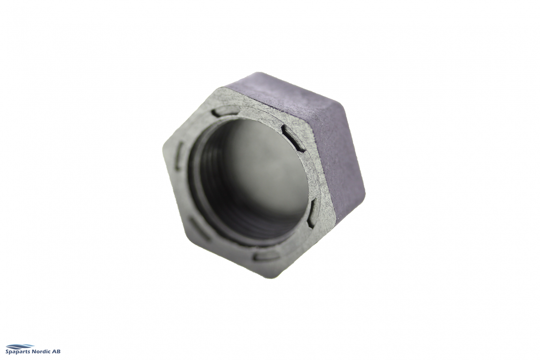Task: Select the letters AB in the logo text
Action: click(57, 351)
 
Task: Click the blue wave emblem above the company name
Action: click(20, 346)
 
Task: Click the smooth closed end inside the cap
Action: click(262, 177)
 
